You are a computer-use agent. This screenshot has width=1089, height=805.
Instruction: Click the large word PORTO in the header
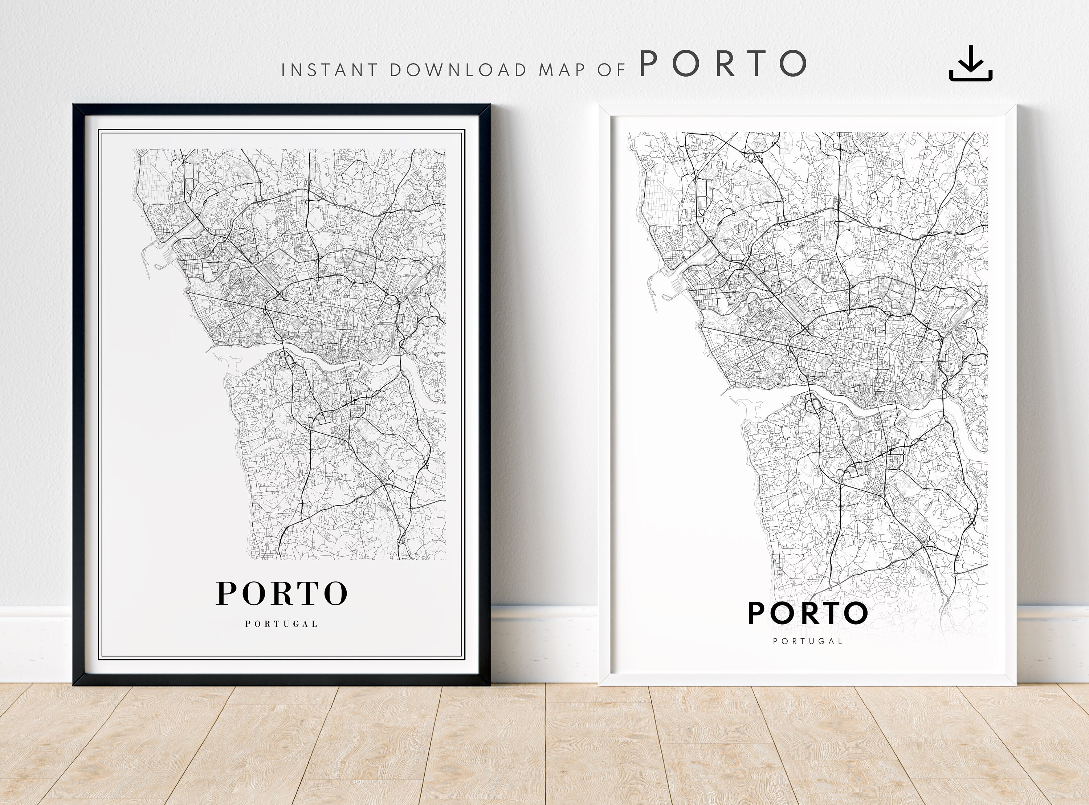pos(723,64)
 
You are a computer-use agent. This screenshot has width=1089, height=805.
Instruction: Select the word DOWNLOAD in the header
pos(458,70)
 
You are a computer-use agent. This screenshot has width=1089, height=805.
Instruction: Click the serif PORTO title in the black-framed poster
pos(282,593)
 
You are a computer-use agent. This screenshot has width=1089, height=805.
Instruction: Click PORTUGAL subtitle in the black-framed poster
pos(282,624)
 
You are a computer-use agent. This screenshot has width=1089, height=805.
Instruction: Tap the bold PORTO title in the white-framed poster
pos(808,613)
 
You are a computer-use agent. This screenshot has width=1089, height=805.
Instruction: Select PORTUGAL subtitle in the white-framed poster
pos(808,641)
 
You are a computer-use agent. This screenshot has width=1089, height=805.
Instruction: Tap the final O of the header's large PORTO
pos(793,64)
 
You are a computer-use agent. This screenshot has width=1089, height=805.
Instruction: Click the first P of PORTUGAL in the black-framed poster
pos(248,624)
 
